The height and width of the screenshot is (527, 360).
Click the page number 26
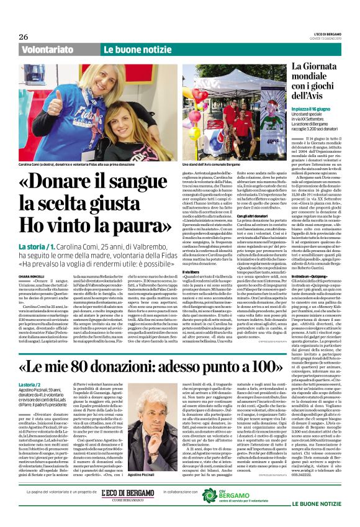click(x=23, y=37)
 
